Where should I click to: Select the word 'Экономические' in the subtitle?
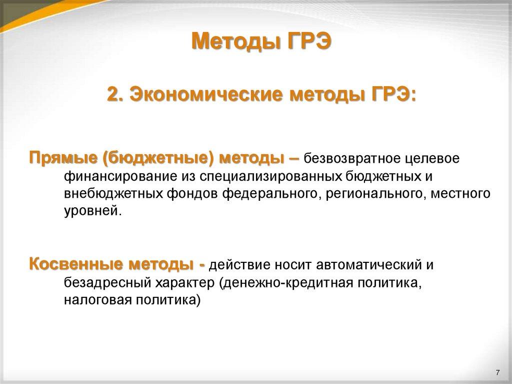[205, 94]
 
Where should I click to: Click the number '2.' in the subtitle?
[116, 94]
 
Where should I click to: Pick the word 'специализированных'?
[272, 177]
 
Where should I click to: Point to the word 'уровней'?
[91, 211]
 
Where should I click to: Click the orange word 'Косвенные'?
[76, 264]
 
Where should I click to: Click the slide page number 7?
[497, 372]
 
